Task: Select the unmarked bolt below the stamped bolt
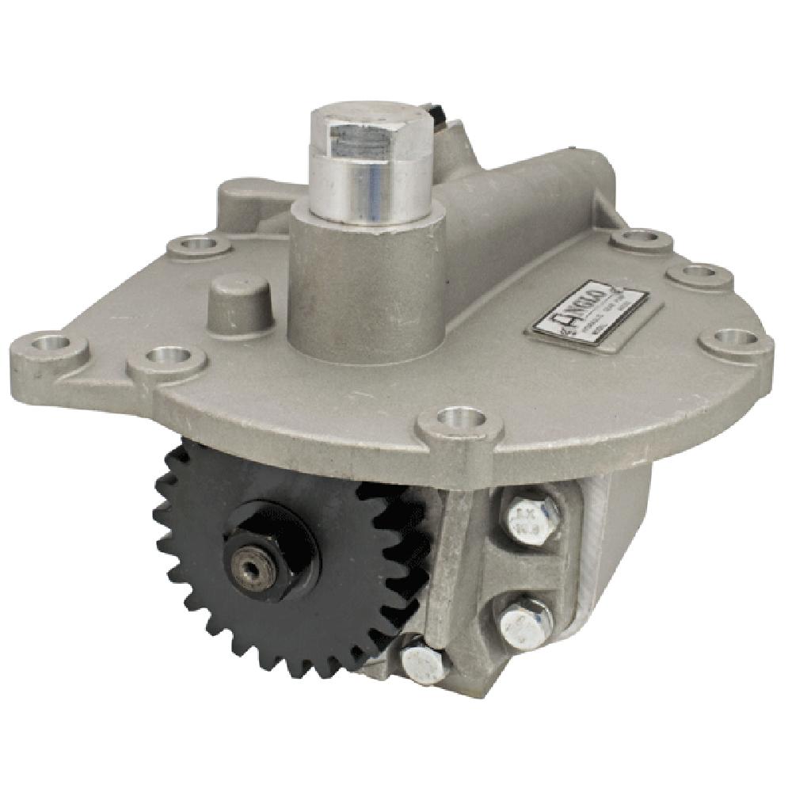(x=527, y=619)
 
